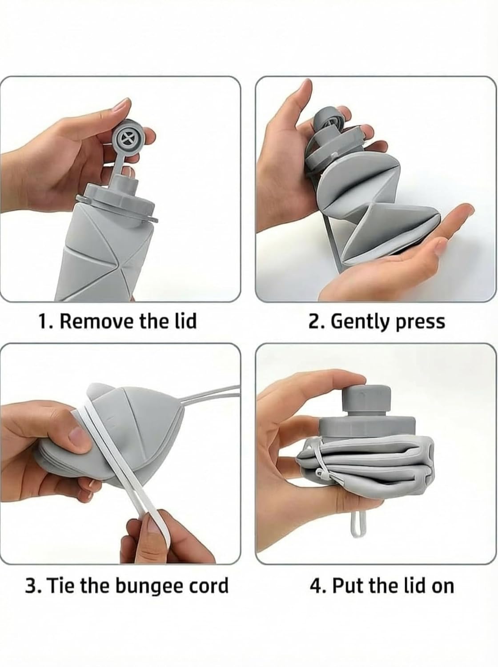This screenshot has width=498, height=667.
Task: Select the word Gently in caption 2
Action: [x=359, y=322]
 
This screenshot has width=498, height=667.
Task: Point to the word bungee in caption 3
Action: [x=149, y=587]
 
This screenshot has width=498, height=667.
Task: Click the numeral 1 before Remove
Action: [x=43, y=321]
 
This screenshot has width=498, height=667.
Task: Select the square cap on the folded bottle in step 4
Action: [x=366, y=398]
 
